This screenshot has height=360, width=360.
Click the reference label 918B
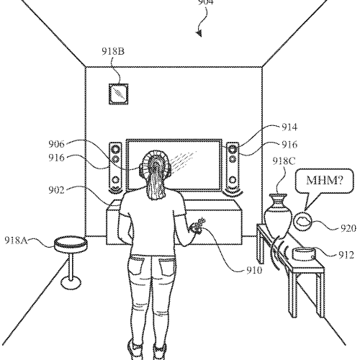pyautogui.click(x=113, y=51)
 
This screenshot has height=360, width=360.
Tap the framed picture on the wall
pyautogui.click(x=119, y=94)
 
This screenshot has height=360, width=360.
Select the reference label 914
pyautogui.click(x=289, y=127)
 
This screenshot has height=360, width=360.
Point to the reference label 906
pyautogui.click(x=57, y=144)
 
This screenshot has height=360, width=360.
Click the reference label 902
pyautogui.click(x=57, y=190)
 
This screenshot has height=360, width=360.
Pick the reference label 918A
pyautogui.click(x=16, y=240)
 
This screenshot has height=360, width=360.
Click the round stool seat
pyautogui.click(x=71, y=244)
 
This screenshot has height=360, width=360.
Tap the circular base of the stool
pyautogui.click(x=71, y=282)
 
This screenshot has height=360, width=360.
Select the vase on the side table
pyautogui.click(x=278, y=215)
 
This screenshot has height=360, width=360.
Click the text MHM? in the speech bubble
pyautogui.click(x=325, y=180)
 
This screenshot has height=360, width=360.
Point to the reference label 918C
pyautogui.click(x=284, y=161)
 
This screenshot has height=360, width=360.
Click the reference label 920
pyautogui.click(x=348, y=228)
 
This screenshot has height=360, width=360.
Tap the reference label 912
pyautogui.click(x=346, y=255)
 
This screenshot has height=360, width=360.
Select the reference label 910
pyautogui.click(x=254, y=271)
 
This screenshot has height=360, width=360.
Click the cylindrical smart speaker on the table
pyautogui.click(x=304, y=254)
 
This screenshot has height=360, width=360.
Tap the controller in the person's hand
pyautogui.click(x=197, y=225)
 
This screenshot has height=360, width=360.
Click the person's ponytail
pyautogui.click(x=155, y=180)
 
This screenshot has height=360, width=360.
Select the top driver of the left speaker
pyautogui.click(x=116, y=149)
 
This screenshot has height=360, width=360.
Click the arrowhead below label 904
pyautogui.click(x=199, y=34)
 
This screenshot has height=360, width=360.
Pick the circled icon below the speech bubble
pyautogui.click(x=302, y=221)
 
